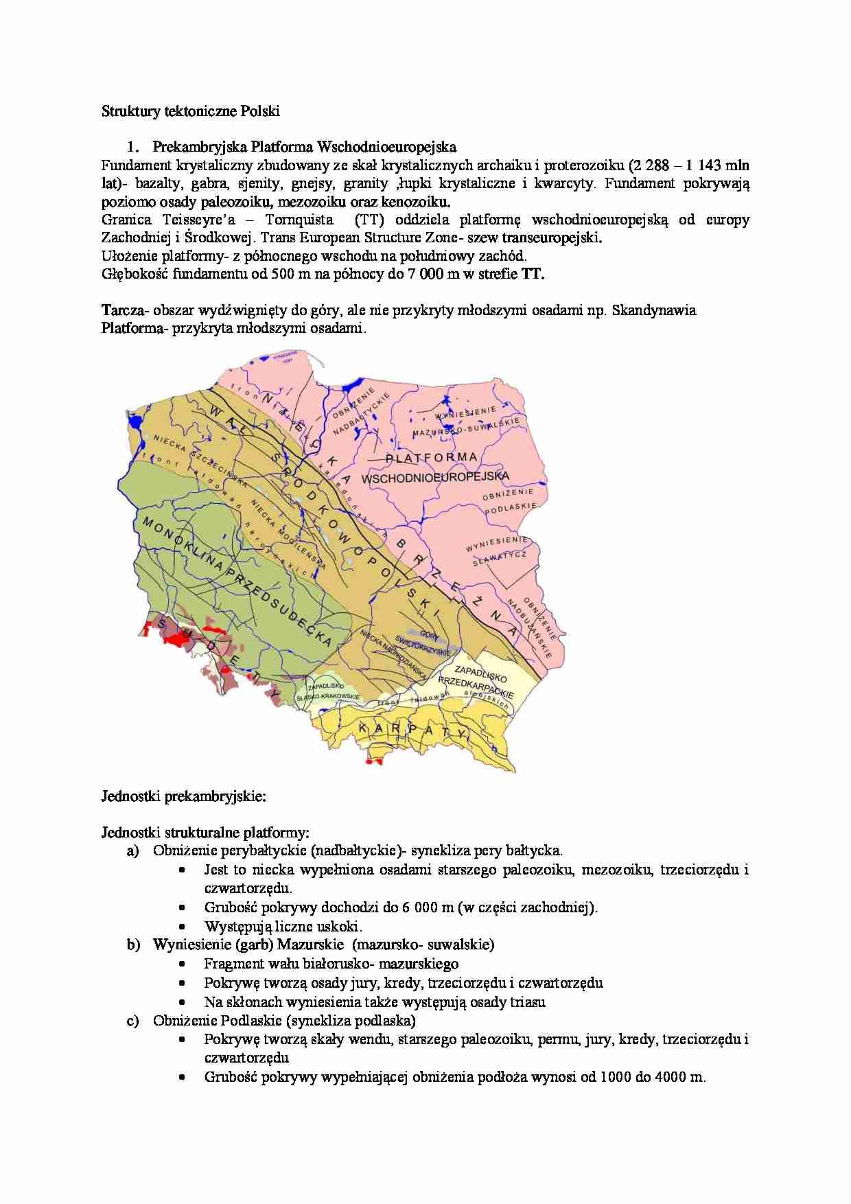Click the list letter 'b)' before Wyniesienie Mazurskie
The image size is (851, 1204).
click(132, 945)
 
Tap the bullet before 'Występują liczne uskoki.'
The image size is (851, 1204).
click(182, 926)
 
